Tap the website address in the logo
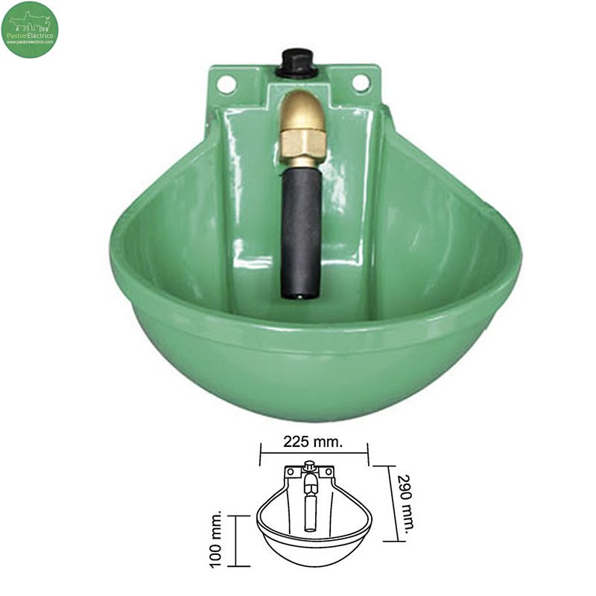(x=30, y=42)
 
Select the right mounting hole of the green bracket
(x=361, y=83)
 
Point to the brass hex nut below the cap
(x=303, y=144)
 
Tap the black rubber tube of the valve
(x=302, y=223)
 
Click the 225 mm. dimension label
(x=314, y=442)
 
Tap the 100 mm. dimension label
(x=217, y=540)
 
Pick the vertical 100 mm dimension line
(x=236, y=541)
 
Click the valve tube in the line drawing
(x=310, y=507)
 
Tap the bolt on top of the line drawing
(x=308, y=467)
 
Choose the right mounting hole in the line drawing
(x=326, y=471)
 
